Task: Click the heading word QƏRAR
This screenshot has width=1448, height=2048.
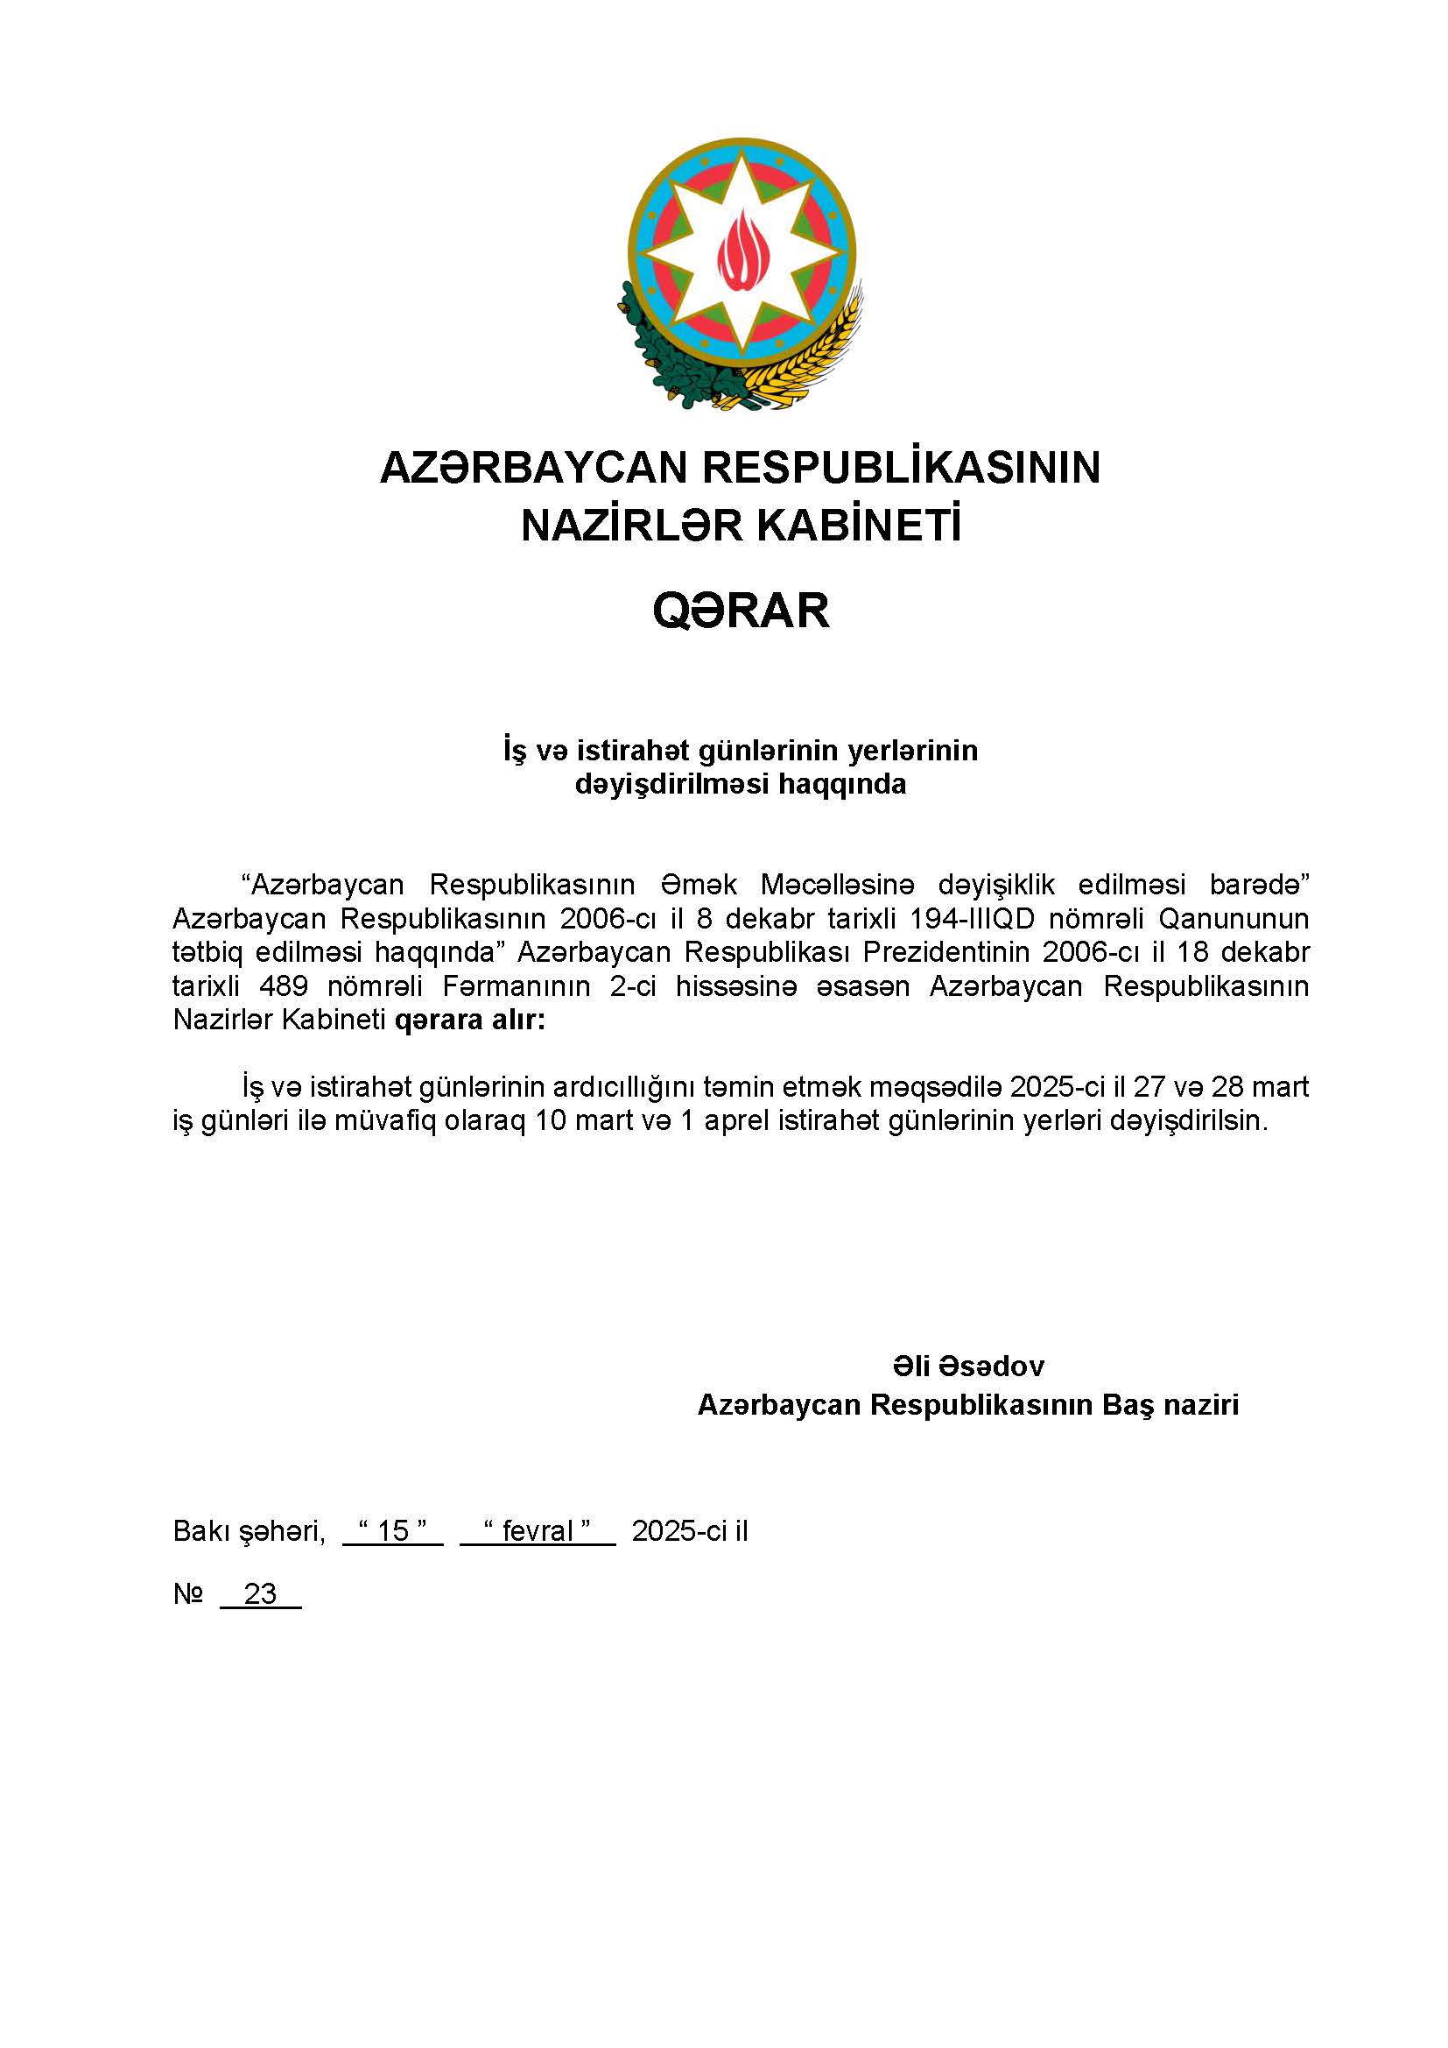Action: pos(741,612)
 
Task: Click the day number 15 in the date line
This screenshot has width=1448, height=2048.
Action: pos(392,1531)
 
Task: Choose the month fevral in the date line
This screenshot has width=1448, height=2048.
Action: pos(537,1531)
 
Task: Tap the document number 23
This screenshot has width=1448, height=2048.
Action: pos(260,1594)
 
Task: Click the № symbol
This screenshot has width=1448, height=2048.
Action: pos(188,1594)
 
